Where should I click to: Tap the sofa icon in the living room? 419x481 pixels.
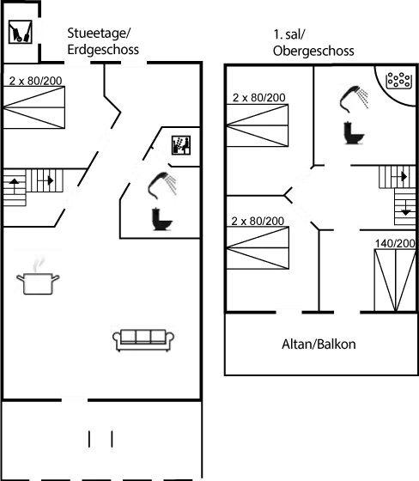[x=143, y=339]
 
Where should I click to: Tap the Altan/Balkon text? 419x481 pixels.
[x=319, y=344]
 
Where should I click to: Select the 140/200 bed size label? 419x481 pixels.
[x=394, y=244]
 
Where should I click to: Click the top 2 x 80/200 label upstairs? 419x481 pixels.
[x=258, y=98]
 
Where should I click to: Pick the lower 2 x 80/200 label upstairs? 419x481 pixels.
[x=258, y=221]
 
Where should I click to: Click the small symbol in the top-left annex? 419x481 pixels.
[x=19, y=31]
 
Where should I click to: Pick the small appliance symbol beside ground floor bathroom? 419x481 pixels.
[x=181, y=143]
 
